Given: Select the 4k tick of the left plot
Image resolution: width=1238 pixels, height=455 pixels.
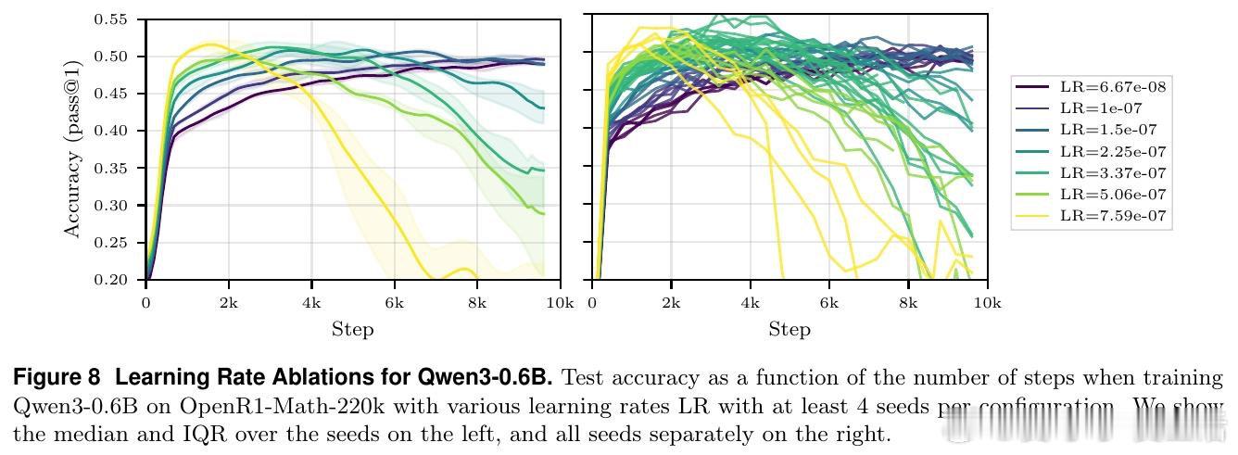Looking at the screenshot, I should click(x=311, y=303).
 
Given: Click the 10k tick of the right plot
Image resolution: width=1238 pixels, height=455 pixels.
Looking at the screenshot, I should click(x=987, y=303).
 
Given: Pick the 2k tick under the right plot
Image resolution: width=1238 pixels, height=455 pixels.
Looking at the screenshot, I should click(x=671, y=303).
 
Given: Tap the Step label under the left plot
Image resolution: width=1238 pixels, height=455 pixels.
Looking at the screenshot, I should click(x=352, y=329).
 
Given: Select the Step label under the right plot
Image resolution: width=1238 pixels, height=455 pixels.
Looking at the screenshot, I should click(x=790, y=329).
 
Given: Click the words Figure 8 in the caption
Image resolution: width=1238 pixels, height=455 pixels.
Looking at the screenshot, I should click(x=56, y=378).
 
